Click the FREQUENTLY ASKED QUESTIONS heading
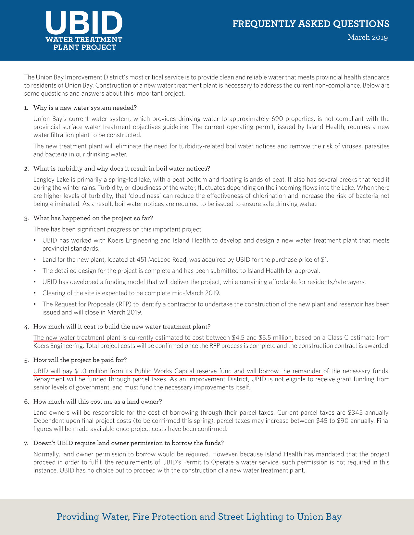pyautogui.click(x=311, y=24)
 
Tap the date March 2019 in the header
pyautogui.click(x=368, y=37)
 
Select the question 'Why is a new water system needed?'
pyautogui.click(x=85, y=108)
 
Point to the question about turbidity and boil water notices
pyautogui.click(x=122, y=169)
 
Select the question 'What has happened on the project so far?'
pyautogui.click(x=93, y=218)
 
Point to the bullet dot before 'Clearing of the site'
pyautogui.click(x=35, y=293)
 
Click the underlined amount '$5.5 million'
pyautogui.click(x=275, y=338)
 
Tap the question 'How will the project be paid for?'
pyautogui.click(x=80, y=360)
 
